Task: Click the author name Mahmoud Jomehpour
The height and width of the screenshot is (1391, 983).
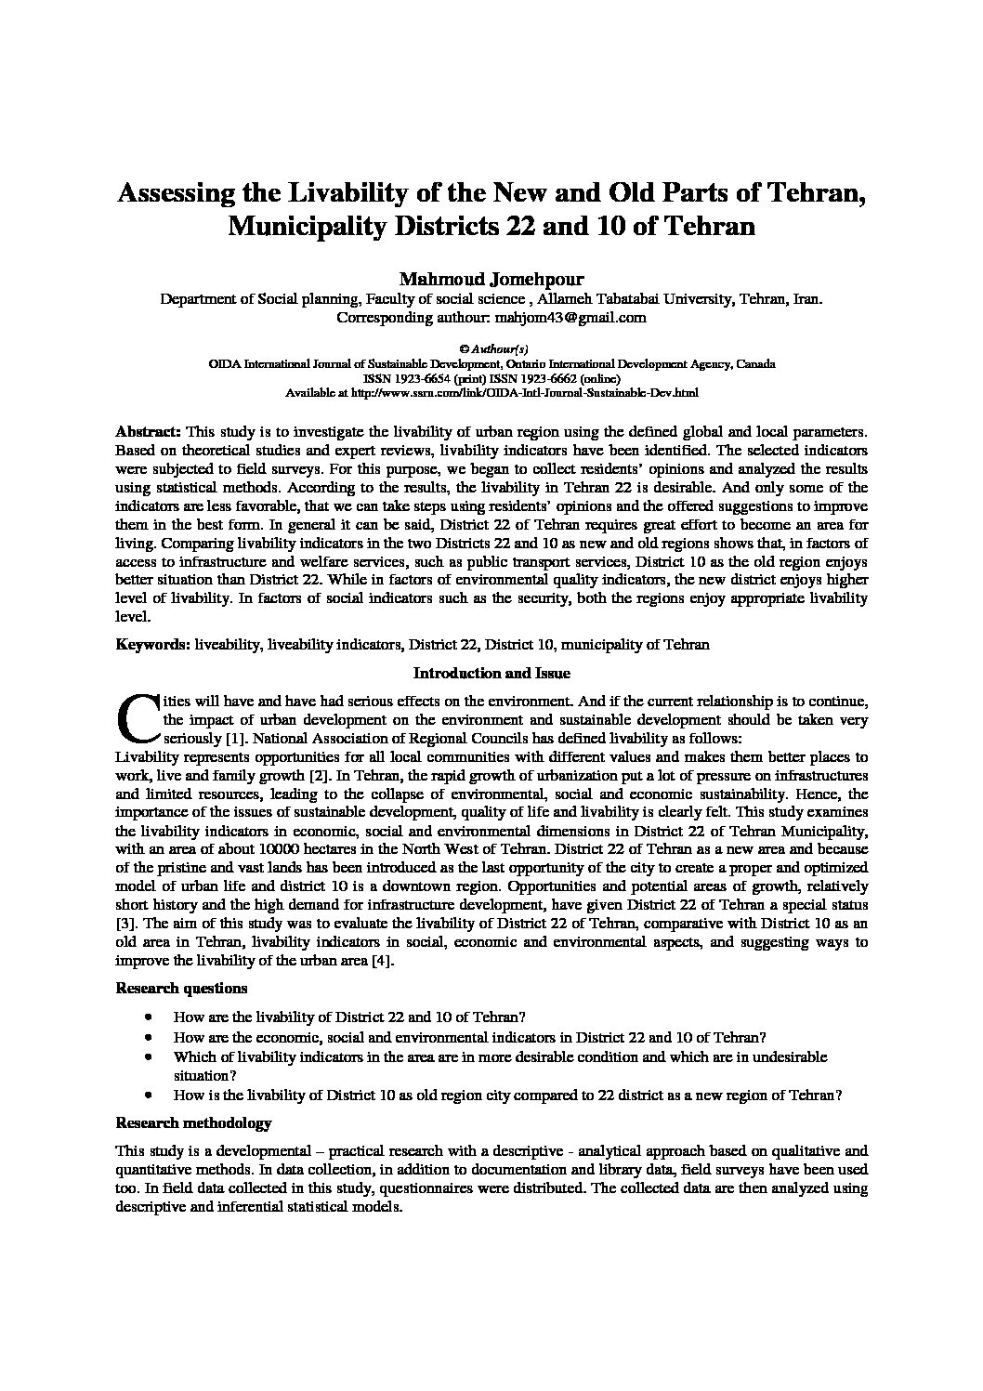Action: pyautogui.click(x=491, y=279)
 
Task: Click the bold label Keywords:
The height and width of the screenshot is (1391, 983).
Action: pyautogui.click(x=152, y=644)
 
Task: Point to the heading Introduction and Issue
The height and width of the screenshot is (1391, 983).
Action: pyautogui.click(x=491, y=673)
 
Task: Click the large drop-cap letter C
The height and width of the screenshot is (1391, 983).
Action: pyautogui.click(x=136, y=713)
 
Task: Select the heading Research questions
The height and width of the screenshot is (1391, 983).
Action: pyautogui.click(x=181, y=988)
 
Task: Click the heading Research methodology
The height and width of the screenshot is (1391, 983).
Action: pyautogui.click(x=193, y=1123)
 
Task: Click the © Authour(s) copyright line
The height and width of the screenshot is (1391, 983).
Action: pyautogui.click(x=492, y=350)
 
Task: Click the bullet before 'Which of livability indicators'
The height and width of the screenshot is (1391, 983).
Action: pyautogui.click(x=150, y=1057)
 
